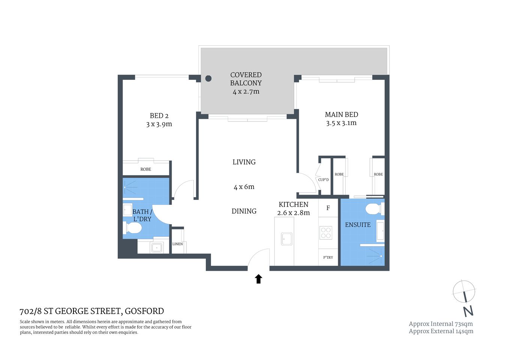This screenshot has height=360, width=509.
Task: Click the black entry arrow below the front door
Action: pyautogui.click(x=258, y=279)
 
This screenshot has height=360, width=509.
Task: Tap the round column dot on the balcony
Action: pyautogui.click(x=208, y=78)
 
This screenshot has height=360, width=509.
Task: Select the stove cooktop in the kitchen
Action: pyautogui.click(x=325, y=233)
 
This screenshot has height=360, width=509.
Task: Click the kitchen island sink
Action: pyautogui.click(x=287, y=239)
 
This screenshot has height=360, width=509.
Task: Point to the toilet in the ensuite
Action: pyautogui.click(x=373, y=209)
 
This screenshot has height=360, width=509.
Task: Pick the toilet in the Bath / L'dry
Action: pyautogui.click(x=133, y=228)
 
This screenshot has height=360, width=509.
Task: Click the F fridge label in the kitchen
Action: pyautogui.click(x=328, y=208)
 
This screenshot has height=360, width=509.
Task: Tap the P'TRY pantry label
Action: pyautogui.click(x=328, y=258)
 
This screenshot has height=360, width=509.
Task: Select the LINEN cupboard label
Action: pyautogui.click(x=178, y=244)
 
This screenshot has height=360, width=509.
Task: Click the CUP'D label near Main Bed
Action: pyautogui.click(x=323, y=180)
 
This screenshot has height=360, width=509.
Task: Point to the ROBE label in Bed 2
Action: pyautogui.click(x=146, y=169)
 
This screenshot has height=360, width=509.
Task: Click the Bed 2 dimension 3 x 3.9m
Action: pyautogui.click(x=159, y=124)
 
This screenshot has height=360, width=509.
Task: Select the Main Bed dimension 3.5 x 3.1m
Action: pyautogui.click(x=341, y=123)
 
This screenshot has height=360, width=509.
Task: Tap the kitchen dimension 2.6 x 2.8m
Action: pyautogui.click(x=293, y=213)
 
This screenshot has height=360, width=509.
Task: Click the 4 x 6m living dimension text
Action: pyautogui.click(x=244, y=187)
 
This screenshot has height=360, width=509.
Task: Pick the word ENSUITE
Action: pyautogui.click(x=358, y=225)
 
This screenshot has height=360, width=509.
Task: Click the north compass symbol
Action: pyautogui.click(x=464, y=292)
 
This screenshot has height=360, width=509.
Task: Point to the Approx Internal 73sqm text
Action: pyautogui.click(x=440, y=324)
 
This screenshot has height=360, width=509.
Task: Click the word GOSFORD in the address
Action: pyautogui.click(x=144, y=311)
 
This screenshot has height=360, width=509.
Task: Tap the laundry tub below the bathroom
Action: pyautogui.click(x=156, y=247)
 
